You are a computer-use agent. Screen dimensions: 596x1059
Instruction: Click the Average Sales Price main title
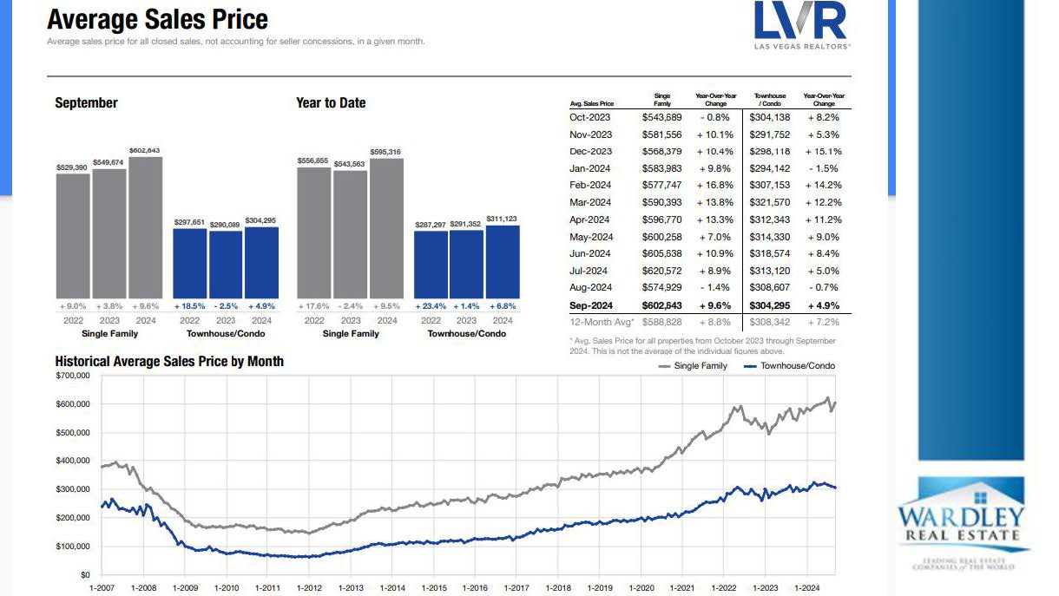coord(157,19)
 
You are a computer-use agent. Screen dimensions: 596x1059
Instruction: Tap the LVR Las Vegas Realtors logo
coord(801,25)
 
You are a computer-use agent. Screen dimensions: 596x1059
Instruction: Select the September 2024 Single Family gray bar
coord(145,227)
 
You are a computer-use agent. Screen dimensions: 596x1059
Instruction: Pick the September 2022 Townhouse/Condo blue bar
coord(190,264)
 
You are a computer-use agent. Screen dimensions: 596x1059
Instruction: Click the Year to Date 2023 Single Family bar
coord(350,234)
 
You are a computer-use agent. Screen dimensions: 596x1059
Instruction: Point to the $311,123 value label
coord(502,219)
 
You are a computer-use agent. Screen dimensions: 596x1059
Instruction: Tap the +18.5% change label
coord(190,306)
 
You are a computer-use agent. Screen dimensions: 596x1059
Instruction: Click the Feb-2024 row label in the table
coord(590,185)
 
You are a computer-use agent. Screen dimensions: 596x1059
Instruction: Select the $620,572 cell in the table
coord(662,271)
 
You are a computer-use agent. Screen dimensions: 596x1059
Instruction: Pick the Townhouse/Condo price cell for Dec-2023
coord(770,151)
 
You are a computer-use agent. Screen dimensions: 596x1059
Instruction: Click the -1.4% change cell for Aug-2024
coord(715,287)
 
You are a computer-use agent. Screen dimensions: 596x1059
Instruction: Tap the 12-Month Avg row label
coord(598,322)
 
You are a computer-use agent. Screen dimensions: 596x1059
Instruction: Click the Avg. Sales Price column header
coord(591,103)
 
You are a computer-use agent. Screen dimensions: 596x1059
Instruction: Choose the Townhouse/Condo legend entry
coord(790,366)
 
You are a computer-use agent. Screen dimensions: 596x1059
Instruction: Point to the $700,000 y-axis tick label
coord(72,376)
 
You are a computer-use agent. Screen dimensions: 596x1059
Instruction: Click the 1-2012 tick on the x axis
coord(309,587)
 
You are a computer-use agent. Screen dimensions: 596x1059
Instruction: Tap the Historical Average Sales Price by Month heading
coord(169,361)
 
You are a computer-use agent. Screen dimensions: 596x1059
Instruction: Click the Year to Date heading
coord(331,102)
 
